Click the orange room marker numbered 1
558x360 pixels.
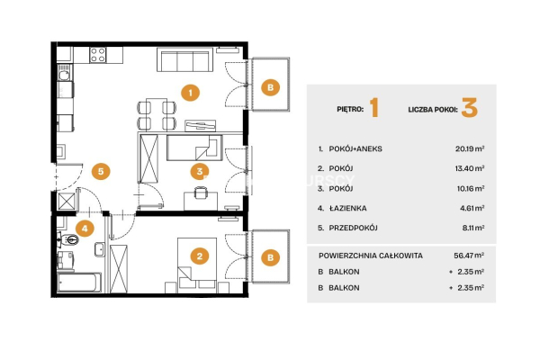click(x=189, y=91)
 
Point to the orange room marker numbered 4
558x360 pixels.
click(x=84, y=229)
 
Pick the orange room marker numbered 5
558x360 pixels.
click(x=102, y=169)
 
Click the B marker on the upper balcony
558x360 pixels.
click(x=269, y=86)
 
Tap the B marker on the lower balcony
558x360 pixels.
click(x=269, y=258)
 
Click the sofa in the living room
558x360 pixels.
click(x=184, y=60)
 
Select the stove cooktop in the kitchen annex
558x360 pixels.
click(x=97, y=55)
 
